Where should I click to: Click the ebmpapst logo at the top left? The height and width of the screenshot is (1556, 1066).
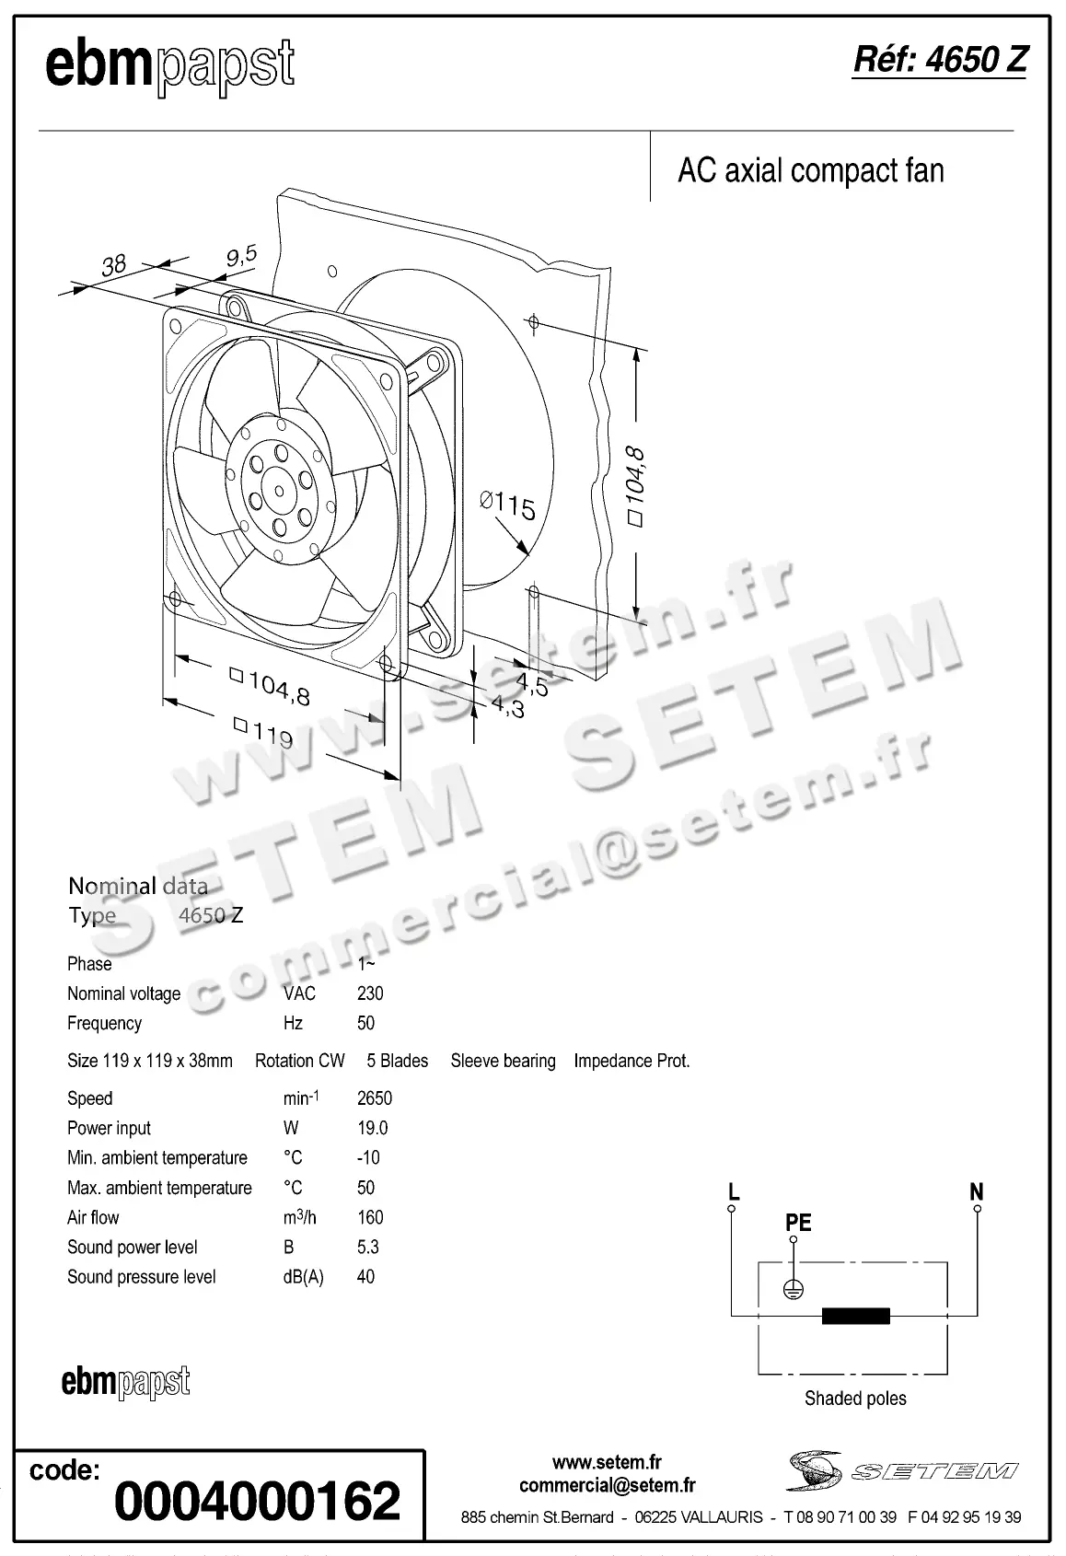coord(169,66)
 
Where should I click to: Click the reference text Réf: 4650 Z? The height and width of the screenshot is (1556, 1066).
coord(938,60)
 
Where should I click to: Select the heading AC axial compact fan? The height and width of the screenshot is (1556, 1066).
coord(810,171)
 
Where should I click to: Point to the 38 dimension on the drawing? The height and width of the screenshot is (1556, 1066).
coord(113,265)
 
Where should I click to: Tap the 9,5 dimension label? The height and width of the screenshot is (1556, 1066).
coord(241,255)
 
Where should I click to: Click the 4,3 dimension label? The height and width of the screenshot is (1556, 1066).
coord(507,707)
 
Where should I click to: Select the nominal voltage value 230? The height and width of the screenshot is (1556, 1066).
coord(370,993)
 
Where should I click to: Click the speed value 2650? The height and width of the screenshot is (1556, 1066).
coord(374,1098)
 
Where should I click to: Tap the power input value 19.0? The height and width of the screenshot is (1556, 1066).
coord(372,1128)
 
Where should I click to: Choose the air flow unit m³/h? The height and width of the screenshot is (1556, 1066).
coord(299,1217)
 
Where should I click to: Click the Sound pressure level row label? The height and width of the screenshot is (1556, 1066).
coord(141,1277)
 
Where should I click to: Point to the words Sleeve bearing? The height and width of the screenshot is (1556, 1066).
coord(503,1061)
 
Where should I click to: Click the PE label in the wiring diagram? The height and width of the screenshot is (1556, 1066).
coord(797,1223)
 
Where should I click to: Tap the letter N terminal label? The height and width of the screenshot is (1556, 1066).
coord(976,1192)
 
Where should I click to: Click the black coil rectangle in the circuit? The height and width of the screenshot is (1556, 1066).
coord(855,1316)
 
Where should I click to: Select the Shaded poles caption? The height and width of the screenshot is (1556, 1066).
coord(854,1399)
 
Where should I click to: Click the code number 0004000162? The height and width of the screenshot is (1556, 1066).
coord(257,1500)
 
